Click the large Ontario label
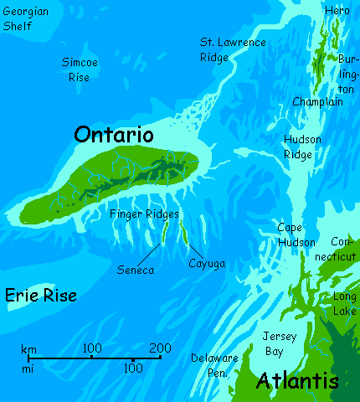point(114,135)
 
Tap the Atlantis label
point(297,381)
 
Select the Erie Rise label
point(41,295)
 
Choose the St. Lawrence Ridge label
point(232,49)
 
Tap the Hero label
point(337,10)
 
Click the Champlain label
point(317,101)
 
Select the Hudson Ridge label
point(302,147)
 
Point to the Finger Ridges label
point(143,215)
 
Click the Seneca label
point(136,271)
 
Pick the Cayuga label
point(207,263)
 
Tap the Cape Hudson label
point(296,234)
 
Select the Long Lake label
point(344,303)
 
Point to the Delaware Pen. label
point(214,364)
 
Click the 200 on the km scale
point(160,348)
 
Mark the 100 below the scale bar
point(132,368)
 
